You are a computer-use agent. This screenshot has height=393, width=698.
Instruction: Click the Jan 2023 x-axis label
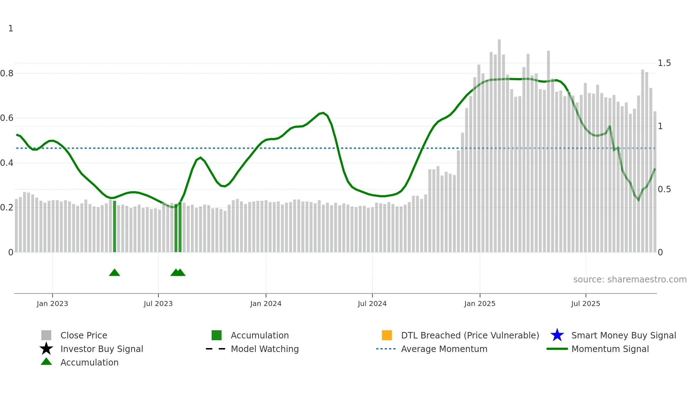click(52, 304)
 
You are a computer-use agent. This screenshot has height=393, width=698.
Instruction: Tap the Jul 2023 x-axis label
click(158, 304)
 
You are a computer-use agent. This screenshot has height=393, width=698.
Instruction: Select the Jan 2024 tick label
click(266, 304)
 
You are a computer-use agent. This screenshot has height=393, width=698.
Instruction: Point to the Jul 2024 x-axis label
click(372, 304)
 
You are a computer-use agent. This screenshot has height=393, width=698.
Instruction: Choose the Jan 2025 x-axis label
click(480, 304)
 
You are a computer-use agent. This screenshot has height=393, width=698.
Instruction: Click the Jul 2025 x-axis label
click(585, 304)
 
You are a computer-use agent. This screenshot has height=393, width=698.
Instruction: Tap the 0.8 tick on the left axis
click(7, 73)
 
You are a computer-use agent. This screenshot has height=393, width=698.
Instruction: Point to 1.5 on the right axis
click(664, 63)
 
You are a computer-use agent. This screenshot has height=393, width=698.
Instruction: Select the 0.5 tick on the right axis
click(664, 189)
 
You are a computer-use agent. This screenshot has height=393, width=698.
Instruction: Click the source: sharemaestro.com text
click(630, 280)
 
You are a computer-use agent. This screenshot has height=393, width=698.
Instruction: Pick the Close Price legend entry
click(84, 336)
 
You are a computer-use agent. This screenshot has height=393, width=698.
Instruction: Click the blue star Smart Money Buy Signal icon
click(557, 335)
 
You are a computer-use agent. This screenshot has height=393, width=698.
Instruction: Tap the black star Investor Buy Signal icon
click(46, 349)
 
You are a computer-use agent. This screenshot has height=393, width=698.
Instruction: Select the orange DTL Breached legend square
click(387, 335)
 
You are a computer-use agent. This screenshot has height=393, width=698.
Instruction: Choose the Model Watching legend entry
click(265, 349)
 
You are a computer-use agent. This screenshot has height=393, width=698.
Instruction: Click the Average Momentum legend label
click(444, 349)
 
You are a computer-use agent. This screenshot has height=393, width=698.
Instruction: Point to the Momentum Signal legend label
click(610, 349)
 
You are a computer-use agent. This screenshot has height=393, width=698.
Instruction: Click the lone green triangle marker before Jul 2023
click(114, 273)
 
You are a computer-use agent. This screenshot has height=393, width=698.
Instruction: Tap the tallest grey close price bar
click(499, 143)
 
